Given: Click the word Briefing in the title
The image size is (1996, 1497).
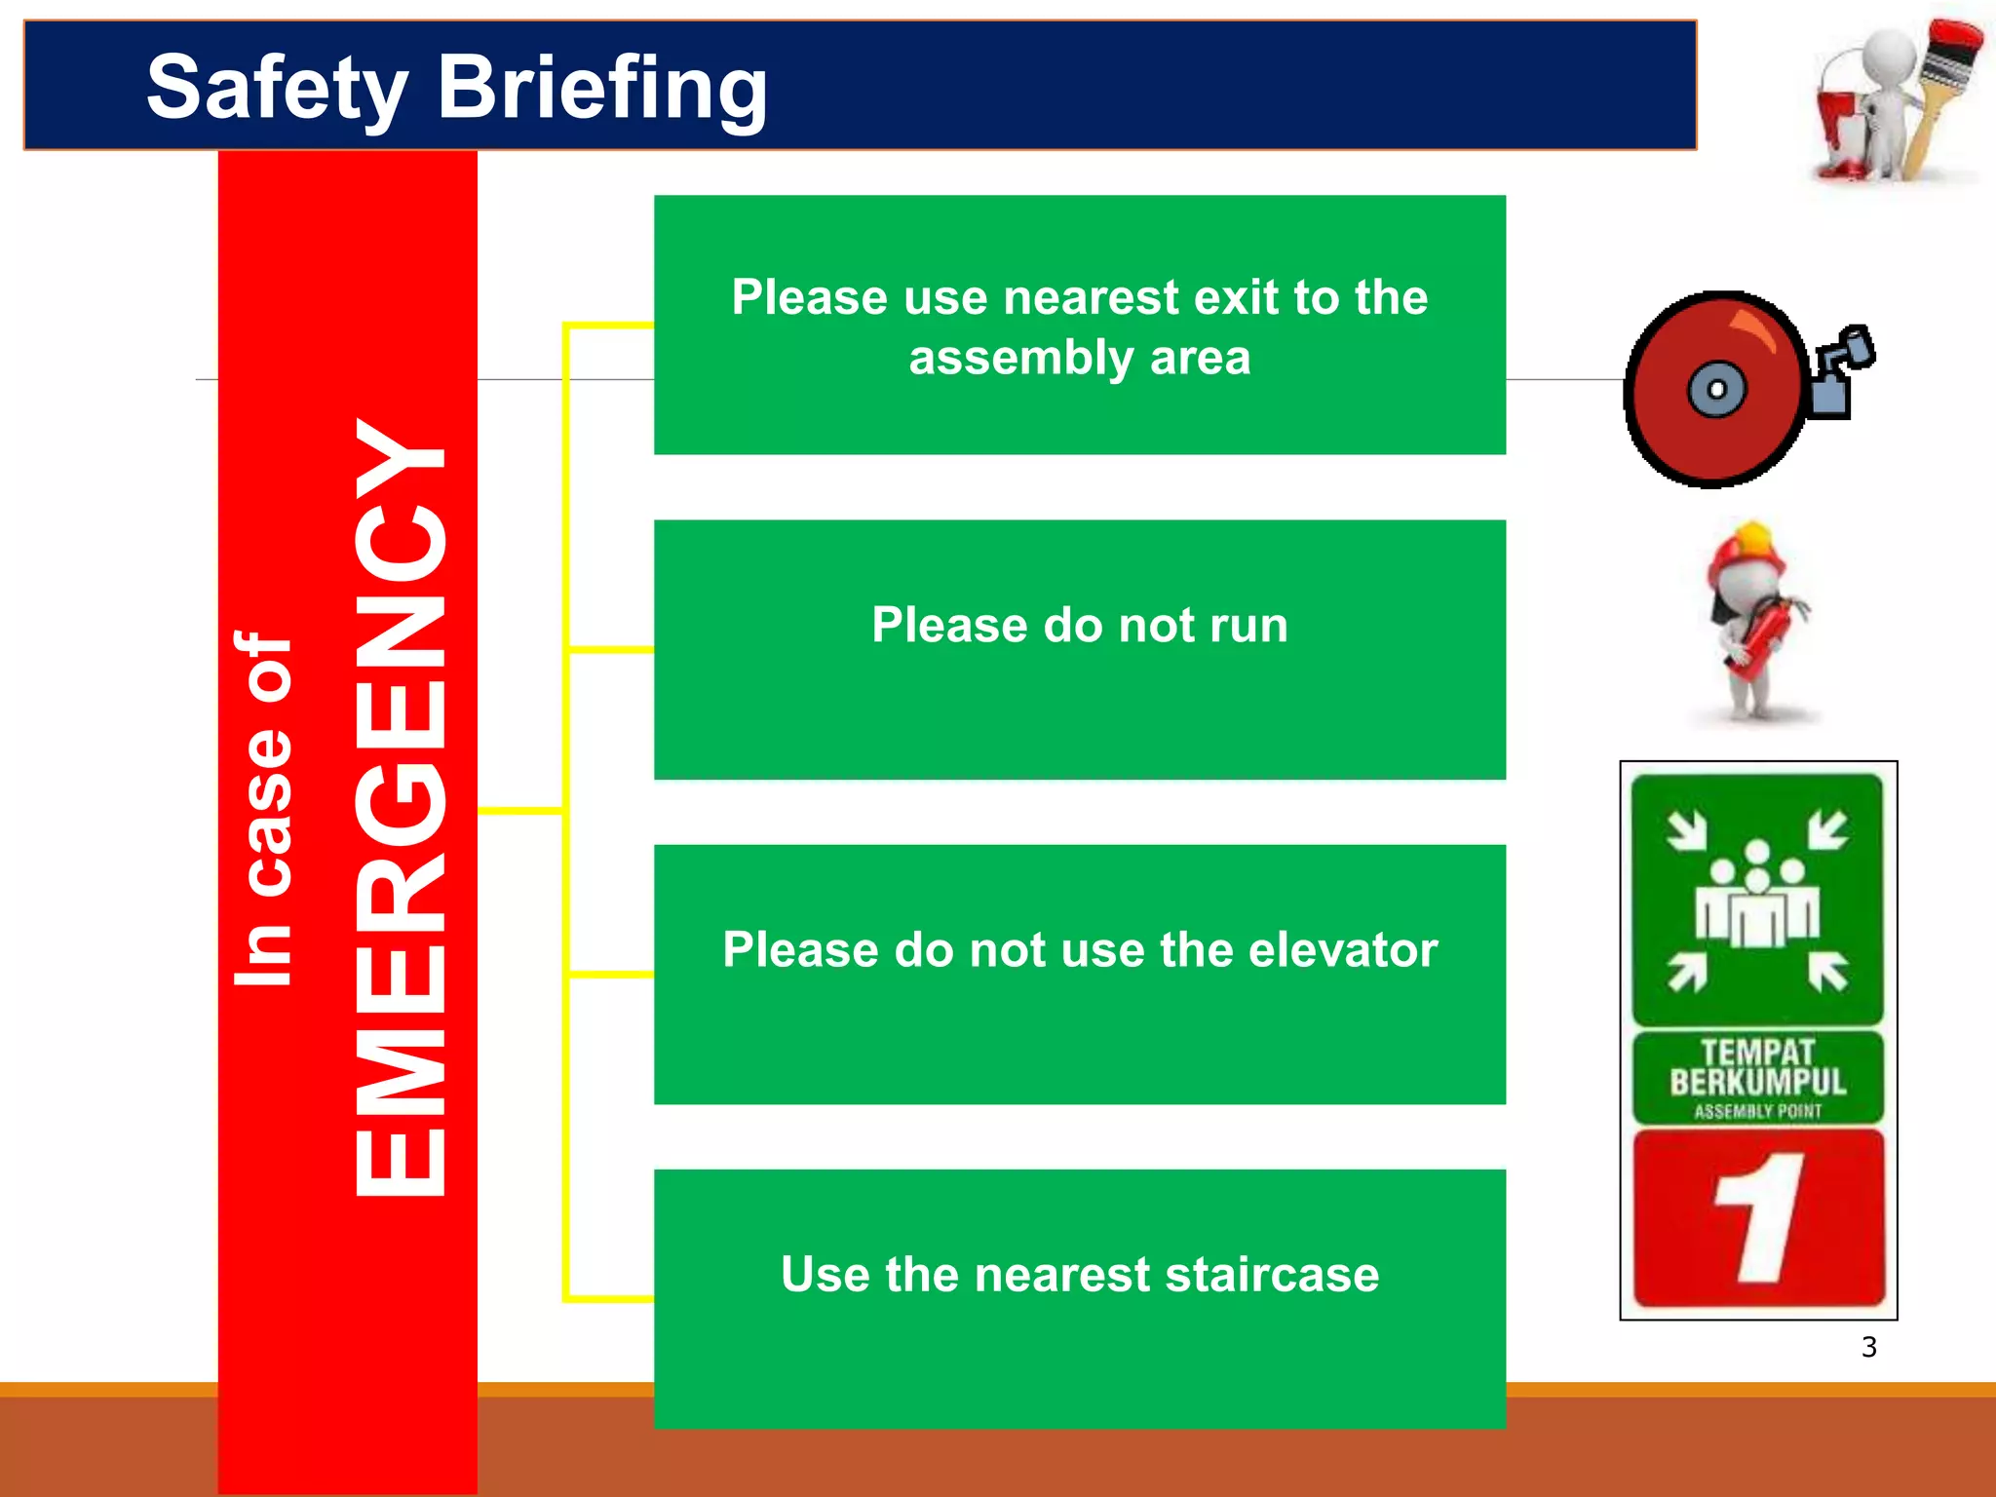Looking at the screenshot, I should [602, 88].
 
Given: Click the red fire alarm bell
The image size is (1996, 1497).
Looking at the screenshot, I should [1715, 390].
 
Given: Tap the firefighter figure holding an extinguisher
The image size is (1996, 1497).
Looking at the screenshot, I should [1754, 624].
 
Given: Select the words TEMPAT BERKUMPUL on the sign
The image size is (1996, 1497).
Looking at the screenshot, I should [1757, 1068].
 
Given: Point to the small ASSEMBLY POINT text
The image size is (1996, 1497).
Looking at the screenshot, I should [1757, 1111].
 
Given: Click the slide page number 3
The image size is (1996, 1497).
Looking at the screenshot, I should [1868, 1347].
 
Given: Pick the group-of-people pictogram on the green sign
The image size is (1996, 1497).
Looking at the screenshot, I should [1756, 897].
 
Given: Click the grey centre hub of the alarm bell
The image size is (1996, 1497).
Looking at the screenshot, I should [1716, 390].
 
